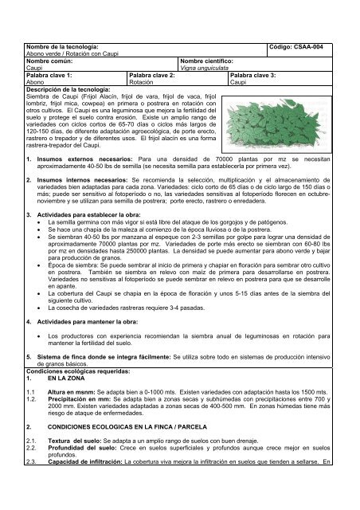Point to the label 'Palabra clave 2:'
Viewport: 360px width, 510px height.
point(153,74)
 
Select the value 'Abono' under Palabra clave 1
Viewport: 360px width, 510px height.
point(37,81)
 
